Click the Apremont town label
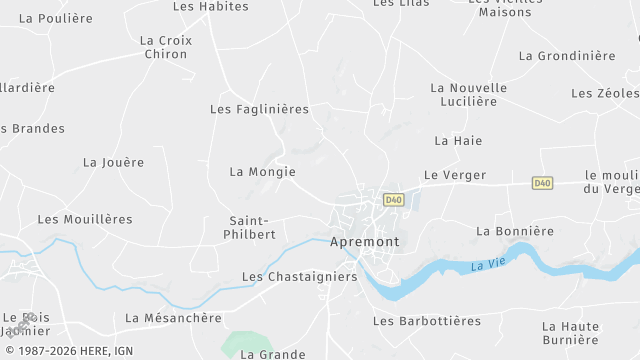click(364, 242)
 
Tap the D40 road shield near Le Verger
click(393, 199)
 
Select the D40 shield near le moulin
click(542, 183)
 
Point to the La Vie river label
click(487, 264)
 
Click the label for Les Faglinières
click(259, 109)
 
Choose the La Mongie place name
click(262, 172)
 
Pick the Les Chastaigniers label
click(299, 277)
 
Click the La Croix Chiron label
click(165, 47)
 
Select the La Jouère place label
click(113, 162)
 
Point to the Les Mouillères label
click(85, 219)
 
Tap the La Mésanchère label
click(173, 318)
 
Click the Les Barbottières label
click(426, 321)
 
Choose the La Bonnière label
click(514, 231)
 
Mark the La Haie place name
click(458, 141)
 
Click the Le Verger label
click(454, 175)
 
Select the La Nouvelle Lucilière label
click(468, 94)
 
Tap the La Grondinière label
click(567, 56)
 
